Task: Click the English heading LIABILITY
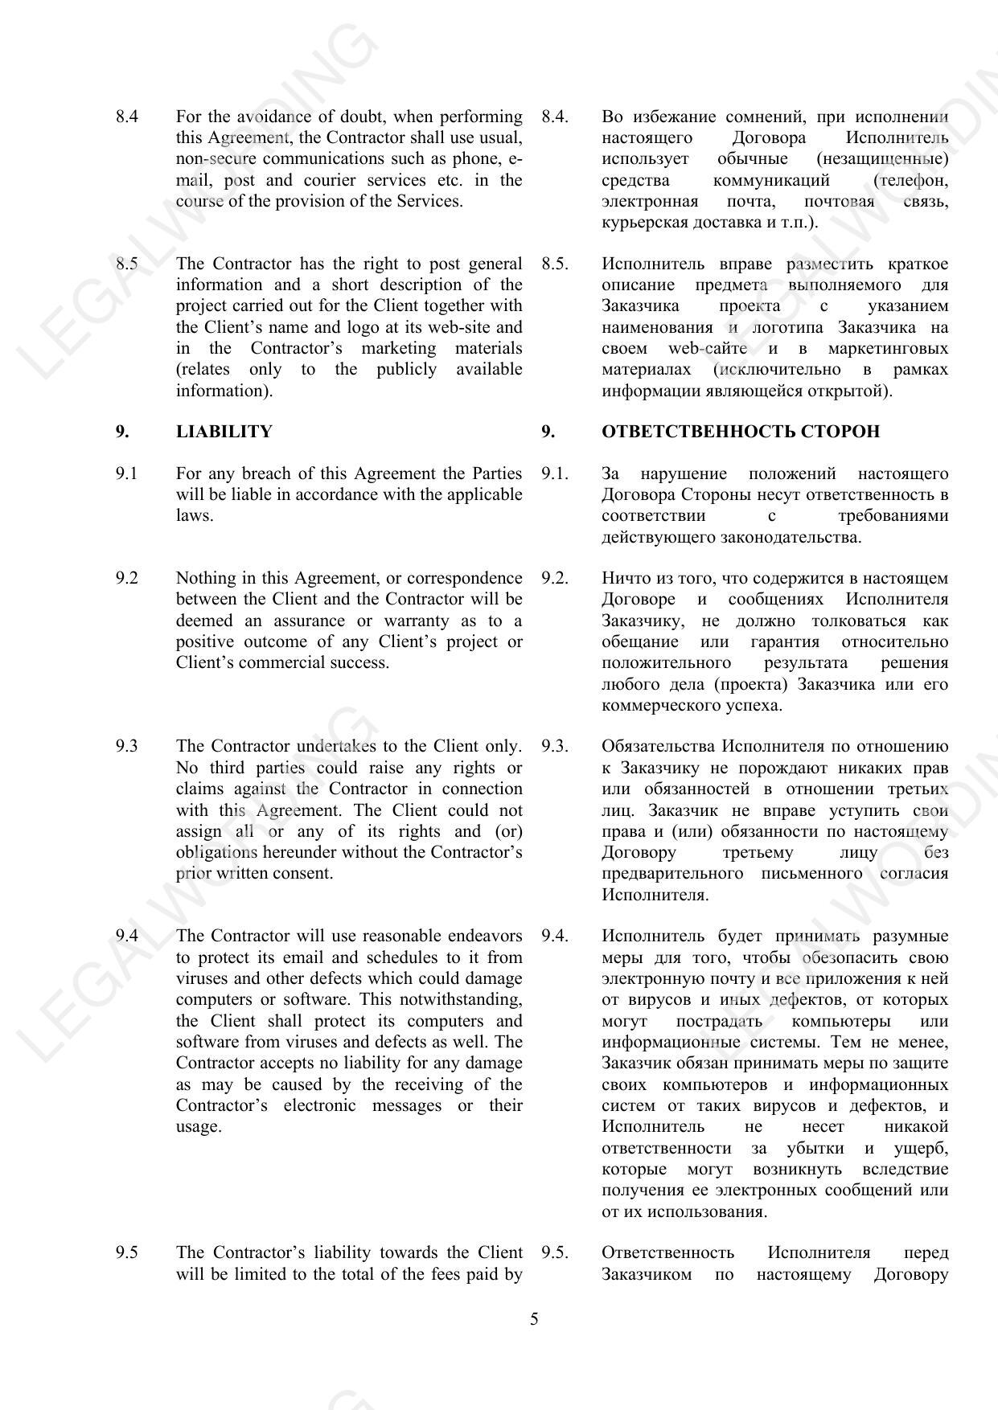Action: tap(224, 432)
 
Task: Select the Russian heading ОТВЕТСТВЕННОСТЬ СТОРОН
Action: tap(740, 432)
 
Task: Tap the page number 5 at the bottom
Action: tap(534, 1319)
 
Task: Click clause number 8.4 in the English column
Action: tap(126, 117)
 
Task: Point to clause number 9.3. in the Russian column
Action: tap(554, 747)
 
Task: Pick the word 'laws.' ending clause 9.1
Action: tap(195, 515)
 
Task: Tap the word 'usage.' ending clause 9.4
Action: tap(199, 1126)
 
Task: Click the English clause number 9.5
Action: tap(126, 1252)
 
